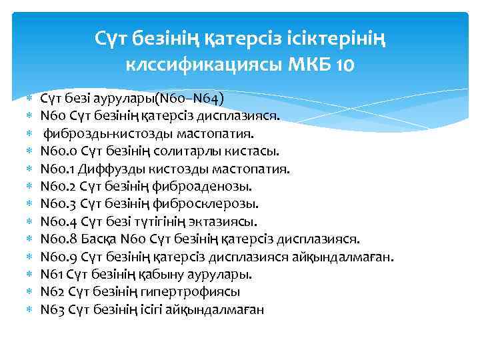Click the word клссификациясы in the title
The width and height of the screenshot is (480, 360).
pos(205,65)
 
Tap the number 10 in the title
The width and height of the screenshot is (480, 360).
pos(345,65)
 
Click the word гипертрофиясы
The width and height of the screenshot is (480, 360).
pos(199,291)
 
